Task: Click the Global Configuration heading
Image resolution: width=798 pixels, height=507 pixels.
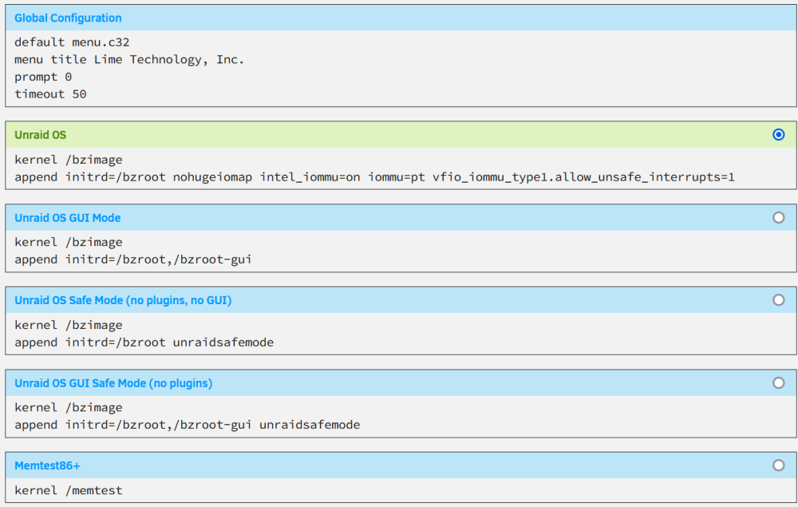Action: pyautogui.click(x=68, y=18)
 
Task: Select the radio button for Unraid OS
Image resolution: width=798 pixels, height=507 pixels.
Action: pyautogui.click(x=778, y=134)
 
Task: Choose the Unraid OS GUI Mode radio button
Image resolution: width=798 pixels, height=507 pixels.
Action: pyautogui.click(x=778, y=217)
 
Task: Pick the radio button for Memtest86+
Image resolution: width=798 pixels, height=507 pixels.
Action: pyautogui.click(x=778, y=465)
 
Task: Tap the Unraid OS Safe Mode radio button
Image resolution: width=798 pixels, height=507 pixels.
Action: pyautogui.click(x=778, y=300)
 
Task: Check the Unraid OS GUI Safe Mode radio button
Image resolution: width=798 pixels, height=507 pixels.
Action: pyautogui.click(x=778, y=382)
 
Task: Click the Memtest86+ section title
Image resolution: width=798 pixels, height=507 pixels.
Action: pyautogui.click(x=47, y=465)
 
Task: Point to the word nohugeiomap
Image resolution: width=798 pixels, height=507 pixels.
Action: pyautogui.click(x=213, y=177)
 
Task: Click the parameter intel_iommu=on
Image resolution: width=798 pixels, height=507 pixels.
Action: pyautogui.click(x=310, y=177)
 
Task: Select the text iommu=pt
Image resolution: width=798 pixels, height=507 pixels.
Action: pyautogui.click(x=397, y=177)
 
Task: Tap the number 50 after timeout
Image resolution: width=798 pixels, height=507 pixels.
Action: pyautogui.click(x=79, y=94)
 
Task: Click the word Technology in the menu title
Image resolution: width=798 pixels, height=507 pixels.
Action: pyautogui.click(x=166, y=60)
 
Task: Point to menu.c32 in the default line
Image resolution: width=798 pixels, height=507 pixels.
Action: pyautogui.click(x=101, y=42)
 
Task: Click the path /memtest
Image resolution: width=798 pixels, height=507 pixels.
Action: pyautogui.click(x=93, y=490)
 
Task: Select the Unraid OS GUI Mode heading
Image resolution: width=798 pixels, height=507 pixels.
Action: pyautogui.click(x=68, y=218)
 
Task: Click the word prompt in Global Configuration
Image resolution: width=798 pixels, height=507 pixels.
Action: pyautogui.click(x=36, y=77)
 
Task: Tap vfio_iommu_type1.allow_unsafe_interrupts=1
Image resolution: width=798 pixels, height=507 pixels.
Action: pyautogui.click(x=584, y=177)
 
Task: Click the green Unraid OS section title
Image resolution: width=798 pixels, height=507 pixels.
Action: pyautogui.click(x=40, y=135)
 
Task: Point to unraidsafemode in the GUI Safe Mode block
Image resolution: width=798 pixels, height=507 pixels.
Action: pyautogui.click(x=310, y=425)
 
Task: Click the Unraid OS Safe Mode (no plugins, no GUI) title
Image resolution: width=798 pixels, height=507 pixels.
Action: pyautogui.click(x=123, y=300)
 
